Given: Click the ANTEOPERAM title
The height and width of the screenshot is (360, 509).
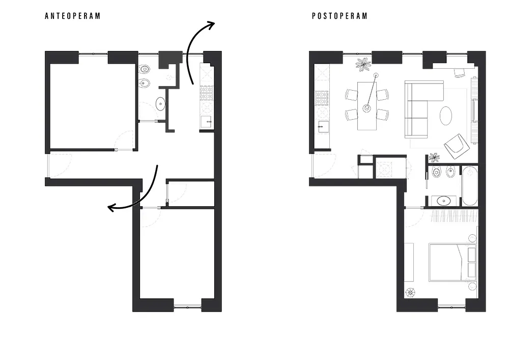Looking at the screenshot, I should (73, 16).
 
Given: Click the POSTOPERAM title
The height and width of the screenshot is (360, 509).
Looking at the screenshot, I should (340, 16).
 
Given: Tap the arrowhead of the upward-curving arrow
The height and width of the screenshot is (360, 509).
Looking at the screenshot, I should (211, 24).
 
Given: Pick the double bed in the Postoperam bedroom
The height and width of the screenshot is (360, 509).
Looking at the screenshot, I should (451, 262).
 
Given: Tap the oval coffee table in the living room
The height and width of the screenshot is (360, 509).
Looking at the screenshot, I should (446, 115).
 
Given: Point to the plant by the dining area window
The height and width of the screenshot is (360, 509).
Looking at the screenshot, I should (363, 64).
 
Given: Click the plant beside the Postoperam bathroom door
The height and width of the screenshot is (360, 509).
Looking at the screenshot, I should (434, 157).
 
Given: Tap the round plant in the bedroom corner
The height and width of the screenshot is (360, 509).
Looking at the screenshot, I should (410, 292).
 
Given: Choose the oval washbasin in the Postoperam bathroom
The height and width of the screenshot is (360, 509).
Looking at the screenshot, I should (441, 200).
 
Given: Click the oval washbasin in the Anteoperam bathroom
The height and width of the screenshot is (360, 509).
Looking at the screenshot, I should (160, 104).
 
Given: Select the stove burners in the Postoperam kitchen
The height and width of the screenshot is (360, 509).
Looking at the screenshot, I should (322, 98).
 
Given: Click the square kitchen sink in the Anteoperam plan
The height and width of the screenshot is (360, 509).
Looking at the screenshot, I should (206, 121).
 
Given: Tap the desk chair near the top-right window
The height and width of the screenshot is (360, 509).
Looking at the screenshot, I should (460, 72).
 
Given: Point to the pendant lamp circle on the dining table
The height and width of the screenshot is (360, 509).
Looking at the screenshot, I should (366, 108).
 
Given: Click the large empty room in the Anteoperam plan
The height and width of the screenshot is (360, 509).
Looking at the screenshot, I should (92, 105).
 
